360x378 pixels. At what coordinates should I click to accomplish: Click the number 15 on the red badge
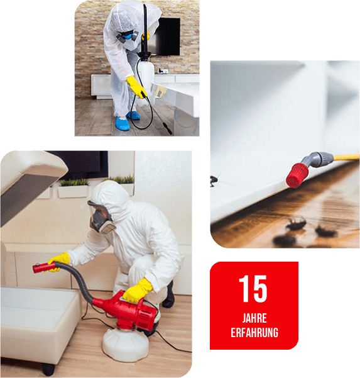253,289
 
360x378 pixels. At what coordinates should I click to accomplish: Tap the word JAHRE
254,318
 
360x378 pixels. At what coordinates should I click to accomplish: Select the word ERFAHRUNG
254,333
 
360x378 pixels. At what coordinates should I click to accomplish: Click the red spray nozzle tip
297,175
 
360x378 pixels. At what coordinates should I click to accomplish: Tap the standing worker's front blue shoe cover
123,123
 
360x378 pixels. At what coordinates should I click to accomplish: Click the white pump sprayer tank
146,79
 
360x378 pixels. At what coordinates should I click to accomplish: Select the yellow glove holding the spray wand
136,86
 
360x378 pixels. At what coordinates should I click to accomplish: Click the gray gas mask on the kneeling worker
101,218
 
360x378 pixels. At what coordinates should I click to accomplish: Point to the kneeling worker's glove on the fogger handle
137,291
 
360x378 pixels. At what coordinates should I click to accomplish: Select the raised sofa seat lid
29,186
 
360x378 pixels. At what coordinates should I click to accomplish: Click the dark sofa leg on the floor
48,369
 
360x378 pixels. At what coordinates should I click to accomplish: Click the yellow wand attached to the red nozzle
346,157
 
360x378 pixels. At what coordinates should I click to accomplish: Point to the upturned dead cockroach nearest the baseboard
296,223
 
